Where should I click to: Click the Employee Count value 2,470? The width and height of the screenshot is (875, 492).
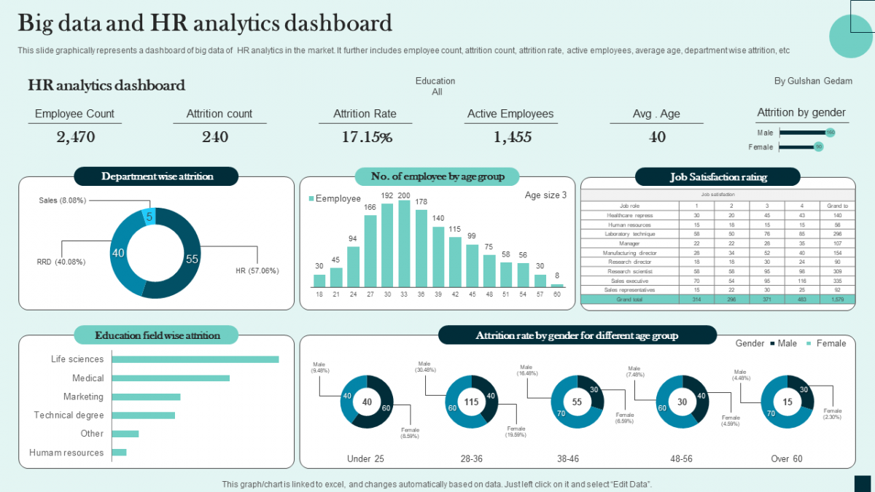pos(75,137)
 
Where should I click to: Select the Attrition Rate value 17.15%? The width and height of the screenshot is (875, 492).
pos(367,137)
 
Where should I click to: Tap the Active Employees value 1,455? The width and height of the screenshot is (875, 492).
pos(512,137)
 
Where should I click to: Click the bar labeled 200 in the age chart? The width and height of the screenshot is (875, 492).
pos(404,244)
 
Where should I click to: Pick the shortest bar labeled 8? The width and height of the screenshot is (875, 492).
pos(557,286)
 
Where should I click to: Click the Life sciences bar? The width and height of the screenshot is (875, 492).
pos(195,359)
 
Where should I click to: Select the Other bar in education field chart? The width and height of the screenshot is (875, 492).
pos(125,434)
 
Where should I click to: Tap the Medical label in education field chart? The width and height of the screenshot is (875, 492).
pos(88,378)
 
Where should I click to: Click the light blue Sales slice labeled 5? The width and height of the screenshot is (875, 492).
pos(149,216)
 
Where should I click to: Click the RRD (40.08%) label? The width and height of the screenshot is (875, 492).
pos(61,262)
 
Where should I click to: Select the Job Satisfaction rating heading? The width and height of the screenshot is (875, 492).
pos(718,176)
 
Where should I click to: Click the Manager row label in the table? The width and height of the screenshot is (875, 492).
pos(629,243)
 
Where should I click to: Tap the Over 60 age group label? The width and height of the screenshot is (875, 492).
pos(787,458)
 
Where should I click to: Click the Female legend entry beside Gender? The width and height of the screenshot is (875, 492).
pos(825,343)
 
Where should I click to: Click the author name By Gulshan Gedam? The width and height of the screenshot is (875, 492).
pos(813,81)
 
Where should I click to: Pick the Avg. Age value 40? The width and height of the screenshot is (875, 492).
pos(657,137)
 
